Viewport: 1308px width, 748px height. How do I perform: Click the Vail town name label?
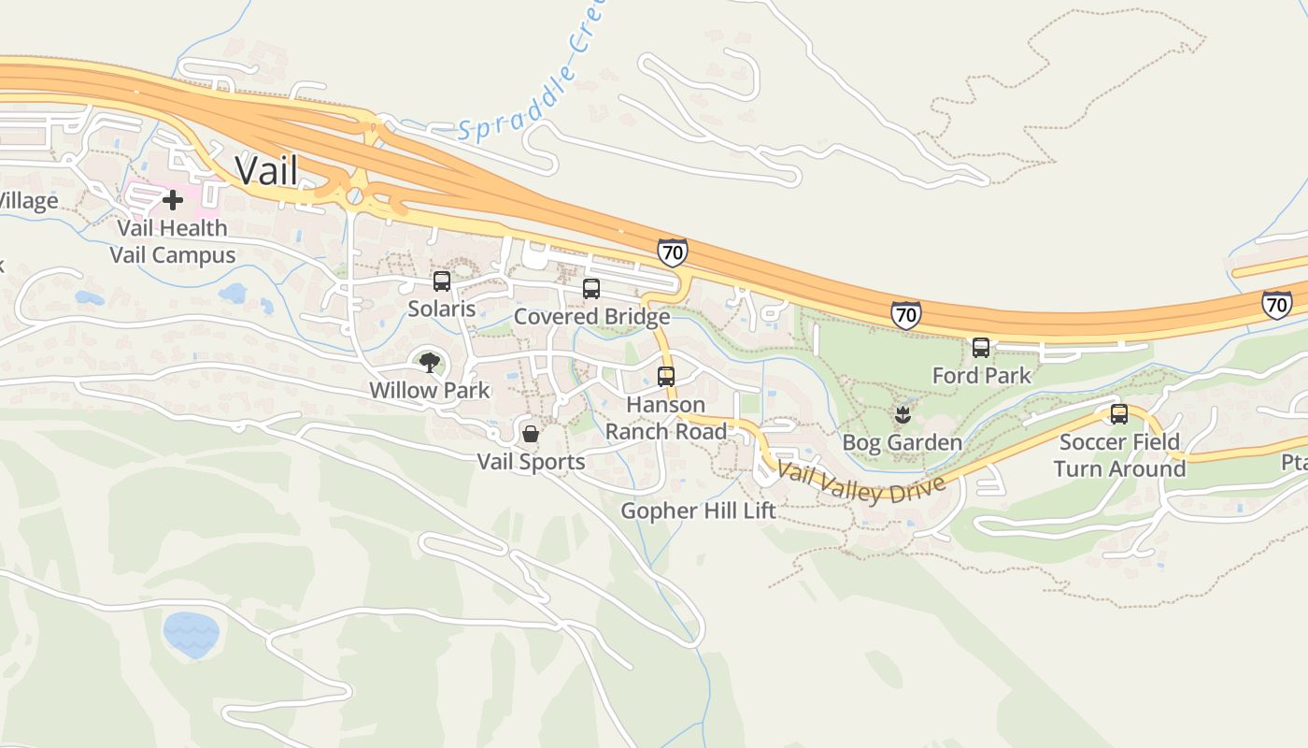pyautogui.click(x=266, y=171)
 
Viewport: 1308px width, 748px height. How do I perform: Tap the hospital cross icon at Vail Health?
pyautogui.click(x=173, y=200)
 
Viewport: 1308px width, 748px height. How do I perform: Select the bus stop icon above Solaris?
pyautogui.click(x=442, y=280)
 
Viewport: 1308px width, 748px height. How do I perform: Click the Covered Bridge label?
pyautogui.click(x=591, y=316)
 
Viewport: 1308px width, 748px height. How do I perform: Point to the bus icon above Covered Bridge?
pyautogui.click(x=591, y=289)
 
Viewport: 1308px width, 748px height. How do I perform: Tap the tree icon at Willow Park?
pyautogui.click(x=430, y=362)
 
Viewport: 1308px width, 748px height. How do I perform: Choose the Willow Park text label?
pyautogui.click(x=430, y=390)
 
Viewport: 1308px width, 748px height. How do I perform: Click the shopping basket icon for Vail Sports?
pyautogui.click(x=531, y=434)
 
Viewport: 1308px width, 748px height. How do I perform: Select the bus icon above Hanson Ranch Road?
pyautogui.click(x=666, y=377)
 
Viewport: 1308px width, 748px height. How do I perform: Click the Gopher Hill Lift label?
pyautogui.click(x=699, y=511)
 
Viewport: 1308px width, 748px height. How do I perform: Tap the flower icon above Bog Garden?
pyautogui.click(x=903, y=414)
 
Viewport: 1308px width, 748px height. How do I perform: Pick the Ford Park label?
pyautogui.click(x=981, y=375)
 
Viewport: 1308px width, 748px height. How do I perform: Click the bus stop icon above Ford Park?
pyautogui.click(x=981, y=348)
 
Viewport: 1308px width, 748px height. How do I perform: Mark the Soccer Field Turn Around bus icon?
pyautogui.click(x=1119, y=414)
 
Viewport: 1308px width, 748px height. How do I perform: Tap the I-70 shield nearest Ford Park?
pyautogui.click(x=905, y=315)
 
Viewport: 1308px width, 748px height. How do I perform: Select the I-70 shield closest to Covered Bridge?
pyautogui.click(x=672, y=252)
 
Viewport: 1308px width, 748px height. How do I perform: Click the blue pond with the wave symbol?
pyautogui.click(x=192, y=634)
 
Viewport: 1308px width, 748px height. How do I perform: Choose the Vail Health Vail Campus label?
pyautogui.click(x=173, y=241)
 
